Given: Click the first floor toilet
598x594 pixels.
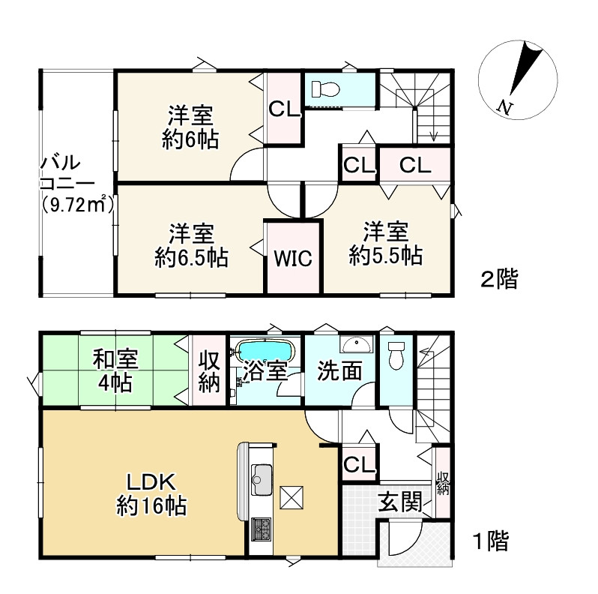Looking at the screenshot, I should (396, 355).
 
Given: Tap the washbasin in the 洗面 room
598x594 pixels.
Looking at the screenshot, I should (354, 345).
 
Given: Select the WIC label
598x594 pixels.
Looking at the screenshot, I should (292, 259).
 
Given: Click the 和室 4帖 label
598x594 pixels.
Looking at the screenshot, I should (113, 370).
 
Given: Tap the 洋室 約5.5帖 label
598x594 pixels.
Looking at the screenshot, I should (386, 241).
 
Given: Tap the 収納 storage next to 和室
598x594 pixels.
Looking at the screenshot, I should (208, 370).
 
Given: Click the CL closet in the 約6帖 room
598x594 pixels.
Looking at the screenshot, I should (284, 109).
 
